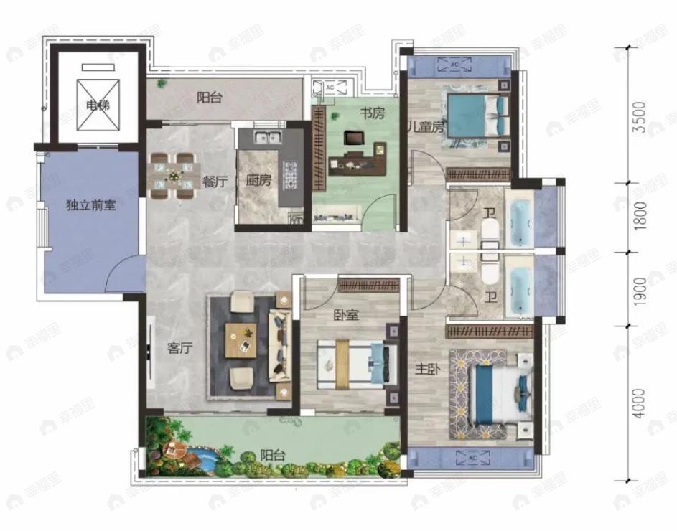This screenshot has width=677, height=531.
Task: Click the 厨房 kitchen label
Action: [x=259, y=181]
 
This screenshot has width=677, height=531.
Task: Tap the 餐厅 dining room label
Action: [x=214, y=182]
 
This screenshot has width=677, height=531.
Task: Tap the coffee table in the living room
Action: [x=240, y=339]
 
